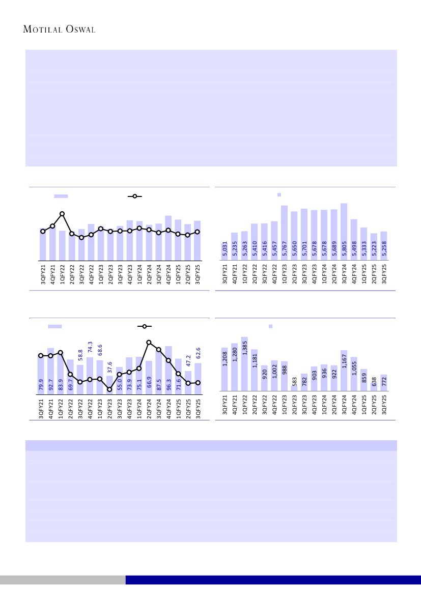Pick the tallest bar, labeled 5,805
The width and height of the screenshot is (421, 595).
[344, 232]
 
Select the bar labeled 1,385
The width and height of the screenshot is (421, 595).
[244, 363]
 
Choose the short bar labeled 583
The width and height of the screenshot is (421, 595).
[294, 388]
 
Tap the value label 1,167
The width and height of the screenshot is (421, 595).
[344, 359]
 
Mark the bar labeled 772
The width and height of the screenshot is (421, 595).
[383, 383]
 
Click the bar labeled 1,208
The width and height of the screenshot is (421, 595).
[224, 369]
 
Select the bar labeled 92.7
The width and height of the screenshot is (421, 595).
[51, 371]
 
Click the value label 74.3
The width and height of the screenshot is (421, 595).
[90, 347]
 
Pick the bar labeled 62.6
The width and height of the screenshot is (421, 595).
[198, 378]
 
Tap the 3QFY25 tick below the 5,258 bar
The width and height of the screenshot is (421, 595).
[384, 273]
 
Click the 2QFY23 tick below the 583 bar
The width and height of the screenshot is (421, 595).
[294, 406]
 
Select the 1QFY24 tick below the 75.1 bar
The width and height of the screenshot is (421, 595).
[139, 406]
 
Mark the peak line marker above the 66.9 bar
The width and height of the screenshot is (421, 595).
[149, 343]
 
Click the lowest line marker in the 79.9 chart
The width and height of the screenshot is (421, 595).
[109, 389]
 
